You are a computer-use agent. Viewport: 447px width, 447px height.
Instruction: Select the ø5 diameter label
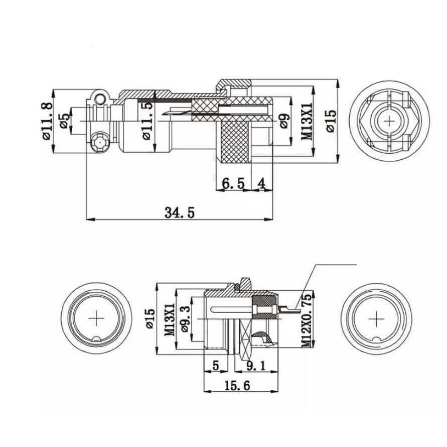64,121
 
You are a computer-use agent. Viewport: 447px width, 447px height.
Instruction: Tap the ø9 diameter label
284,121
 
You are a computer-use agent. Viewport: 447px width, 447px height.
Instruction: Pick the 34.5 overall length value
179,212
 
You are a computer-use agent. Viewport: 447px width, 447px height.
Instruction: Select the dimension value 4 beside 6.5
261,184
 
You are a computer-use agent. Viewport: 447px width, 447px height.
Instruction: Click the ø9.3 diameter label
185,319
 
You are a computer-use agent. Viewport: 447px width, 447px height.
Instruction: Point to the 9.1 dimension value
255,366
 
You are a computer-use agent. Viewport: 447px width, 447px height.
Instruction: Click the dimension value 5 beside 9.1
216,366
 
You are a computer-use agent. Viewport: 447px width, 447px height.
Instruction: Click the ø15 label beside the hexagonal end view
331,121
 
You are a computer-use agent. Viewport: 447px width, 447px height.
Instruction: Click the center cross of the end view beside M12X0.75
375,319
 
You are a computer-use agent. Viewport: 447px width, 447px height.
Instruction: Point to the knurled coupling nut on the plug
233,138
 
